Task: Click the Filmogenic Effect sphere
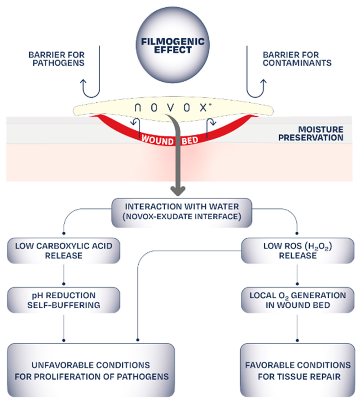tap(173, 45)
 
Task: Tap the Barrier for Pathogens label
tap(57, 59)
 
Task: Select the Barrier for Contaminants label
tap(297, 59)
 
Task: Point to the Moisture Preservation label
tap(311, 133)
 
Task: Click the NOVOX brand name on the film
tap(173, 108)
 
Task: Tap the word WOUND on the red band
tap(157, 141)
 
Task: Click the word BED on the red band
tap(190, 141)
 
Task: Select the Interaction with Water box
tap(182, 212)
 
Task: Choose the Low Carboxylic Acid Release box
tap(64, 251)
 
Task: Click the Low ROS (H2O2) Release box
tap(298, 251)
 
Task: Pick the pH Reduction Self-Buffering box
tap(64, 300)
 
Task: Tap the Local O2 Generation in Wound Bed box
tap(298, 300)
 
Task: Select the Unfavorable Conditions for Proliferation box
tap(91, 370)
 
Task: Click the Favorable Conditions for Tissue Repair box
tap(298, 370)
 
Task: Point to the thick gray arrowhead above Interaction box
tap(178, 191)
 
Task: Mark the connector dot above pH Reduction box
tap(64, 284)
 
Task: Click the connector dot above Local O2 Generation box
tap(297, 284)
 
